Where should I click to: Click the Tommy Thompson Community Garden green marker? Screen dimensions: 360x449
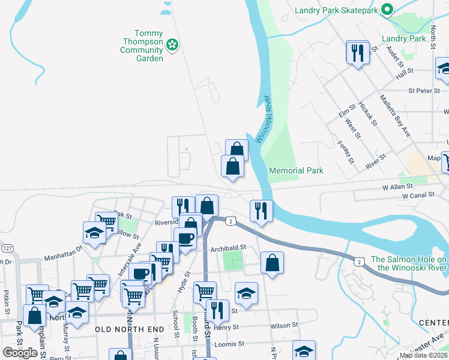[x=172, y=44]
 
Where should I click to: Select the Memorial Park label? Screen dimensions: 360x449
[x=296, y=171]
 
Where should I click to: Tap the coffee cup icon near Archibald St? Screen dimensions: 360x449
[x=185, y=238]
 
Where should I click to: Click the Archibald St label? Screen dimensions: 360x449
[x=228, y=247]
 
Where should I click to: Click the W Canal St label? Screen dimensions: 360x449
[x=418, y=196]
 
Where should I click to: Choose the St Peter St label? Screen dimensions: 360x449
[x=424, y=91]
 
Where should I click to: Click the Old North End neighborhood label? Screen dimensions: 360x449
[x=129, y=329]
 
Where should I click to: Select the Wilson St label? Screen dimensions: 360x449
[x=284, y=326]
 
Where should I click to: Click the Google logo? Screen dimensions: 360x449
[x=20, y=352]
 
